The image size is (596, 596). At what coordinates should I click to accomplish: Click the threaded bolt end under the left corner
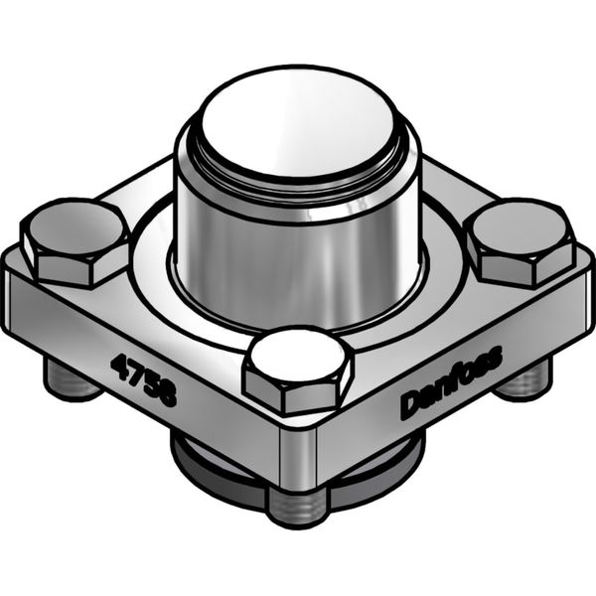(x=72, y=377)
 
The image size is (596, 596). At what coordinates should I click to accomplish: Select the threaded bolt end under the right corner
(x=523, y=378)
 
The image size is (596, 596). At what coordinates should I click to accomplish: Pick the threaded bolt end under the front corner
(x=298, y=507)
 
